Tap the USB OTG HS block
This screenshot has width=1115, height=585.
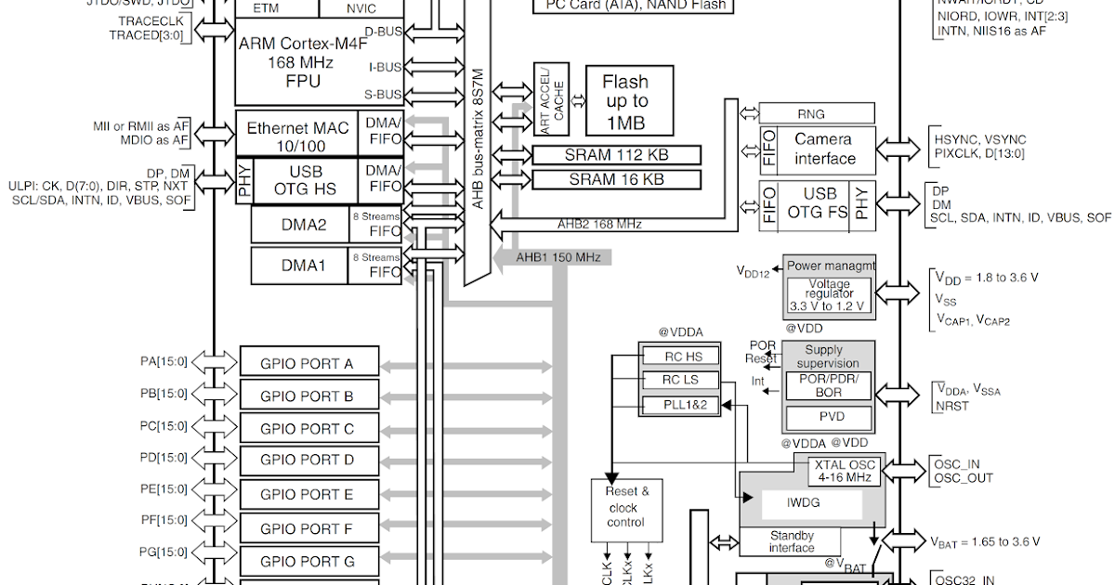306,180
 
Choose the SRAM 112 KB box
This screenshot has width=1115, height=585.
616,154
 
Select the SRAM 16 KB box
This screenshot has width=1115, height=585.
616,179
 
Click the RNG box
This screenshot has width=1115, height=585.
817,113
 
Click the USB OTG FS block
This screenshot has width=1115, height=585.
819,204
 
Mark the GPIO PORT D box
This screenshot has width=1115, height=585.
308,460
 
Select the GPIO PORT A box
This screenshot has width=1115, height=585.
308,363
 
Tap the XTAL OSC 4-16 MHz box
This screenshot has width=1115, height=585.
842,471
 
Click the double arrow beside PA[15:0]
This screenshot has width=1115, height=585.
214,361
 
